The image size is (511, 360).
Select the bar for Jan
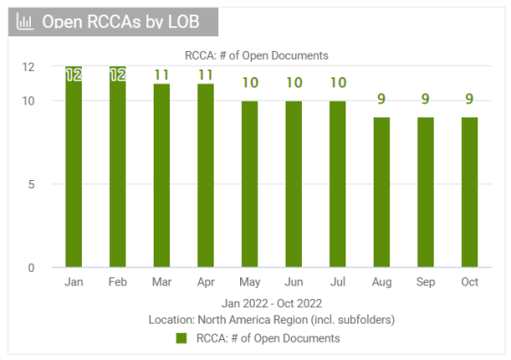pyautogui.click(x=74, y=167)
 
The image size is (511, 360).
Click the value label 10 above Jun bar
pyautogui.click(x=294, y=83)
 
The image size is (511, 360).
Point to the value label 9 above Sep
pyautogui.click(x=426, y=99)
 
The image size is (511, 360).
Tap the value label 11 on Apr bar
pyautogui.click(x=205, y=75)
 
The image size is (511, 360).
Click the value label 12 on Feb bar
pyautogui.click(x=117, y=75)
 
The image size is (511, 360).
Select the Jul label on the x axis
pyautogui.click(x=337, y=283)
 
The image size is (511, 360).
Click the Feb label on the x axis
pyautogui.click(x=117, y=283)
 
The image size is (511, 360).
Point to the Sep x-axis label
pyautogui.click(x=426, y=283)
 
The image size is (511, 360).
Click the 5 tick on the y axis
pyautogui.click(x=30, y=184)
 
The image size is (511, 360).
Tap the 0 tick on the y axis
pyautogui.click(x=30, y=267)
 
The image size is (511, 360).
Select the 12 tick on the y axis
pyautogui.click(x=28, y=67)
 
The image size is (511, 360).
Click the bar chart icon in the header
pyautogui.click(x=25, y=22)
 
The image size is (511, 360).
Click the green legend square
pyautogui.click(x=181, y=338)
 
